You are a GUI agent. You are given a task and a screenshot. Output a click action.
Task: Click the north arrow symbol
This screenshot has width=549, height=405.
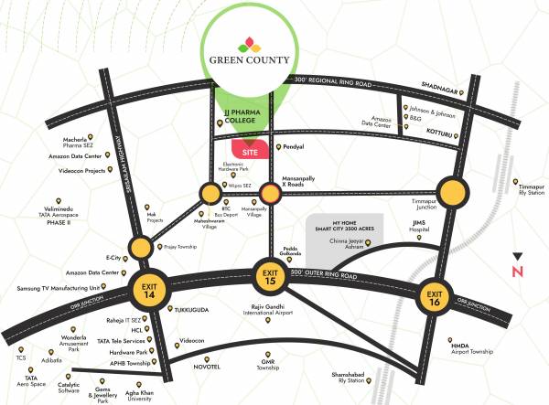[x=518, y=266]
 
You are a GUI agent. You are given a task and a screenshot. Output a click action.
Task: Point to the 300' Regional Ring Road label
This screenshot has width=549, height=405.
[x=329, y=81]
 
